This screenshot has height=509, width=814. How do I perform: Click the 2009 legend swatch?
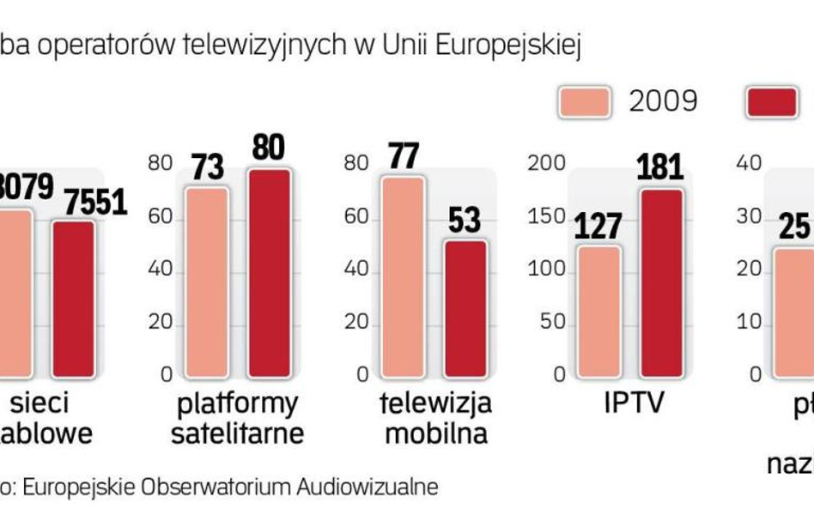tap(585, 102)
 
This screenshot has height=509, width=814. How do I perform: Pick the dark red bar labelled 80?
tap(270, 273)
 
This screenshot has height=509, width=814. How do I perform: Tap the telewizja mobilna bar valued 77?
tap(403, 276)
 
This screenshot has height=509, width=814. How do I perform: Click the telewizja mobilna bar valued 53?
tap(465, 308)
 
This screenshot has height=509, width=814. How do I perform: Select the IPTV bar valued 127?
tap(598, 311)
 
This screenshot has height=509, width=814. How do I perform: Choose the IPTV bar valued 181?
tap(661, 282)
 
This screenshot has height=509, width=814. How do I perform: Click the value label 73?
tap(208, 167)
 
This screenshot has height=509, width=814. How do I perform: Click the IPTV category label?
tap(634, 402)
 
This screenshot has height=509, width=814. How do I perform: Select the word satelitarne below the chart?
tap(237, 433)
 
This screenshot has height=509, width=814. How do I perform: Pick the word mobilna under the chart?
tap(435, 433)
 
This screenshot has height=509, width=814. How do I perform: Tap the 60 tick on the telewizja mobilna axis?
tap(355, 216)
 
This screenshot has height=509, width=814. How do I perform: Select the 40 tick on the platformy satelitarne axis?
tap(160, 270)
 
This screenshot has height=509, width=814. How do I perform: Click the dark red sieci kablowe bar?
tap(74, 298)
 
